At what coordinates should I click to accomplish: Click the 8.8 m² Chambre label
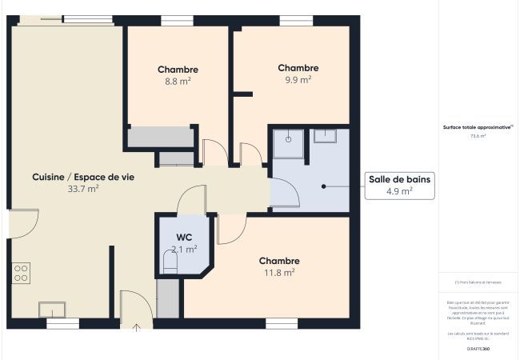point(178,70)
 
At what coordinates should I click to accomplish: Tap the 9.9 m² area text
point(298,80)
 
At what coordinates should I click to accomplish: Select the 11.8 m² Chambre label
point(279,272)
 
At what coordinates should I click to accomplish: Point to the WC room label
point(184,238)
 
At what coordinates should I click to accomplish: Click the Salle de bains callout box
point(399,185)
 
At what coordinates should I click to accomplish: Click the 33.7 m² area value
point(83,189)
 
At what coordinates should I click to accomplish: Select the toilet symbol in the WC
point(170,262)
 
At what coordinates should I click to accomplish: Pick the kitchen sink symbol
point(53,309)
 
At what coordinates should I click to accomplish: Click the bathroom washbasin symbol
point(325,135)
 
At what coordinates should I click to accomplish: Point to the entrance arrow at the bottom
point(136,326)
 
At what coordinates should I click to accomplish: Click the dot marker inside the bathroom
point(325,186)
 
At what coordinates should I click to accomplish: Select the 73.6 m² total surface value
point(478,136)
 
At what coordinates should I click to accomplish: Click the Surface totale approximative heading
point(478,126)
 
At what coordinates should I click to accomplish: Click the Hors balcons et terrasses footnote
point(478,282)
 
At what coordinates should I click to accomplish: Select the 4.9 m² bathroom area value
point(399,191)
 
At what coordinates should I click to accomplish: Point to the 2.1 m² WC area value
point(184,249)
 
